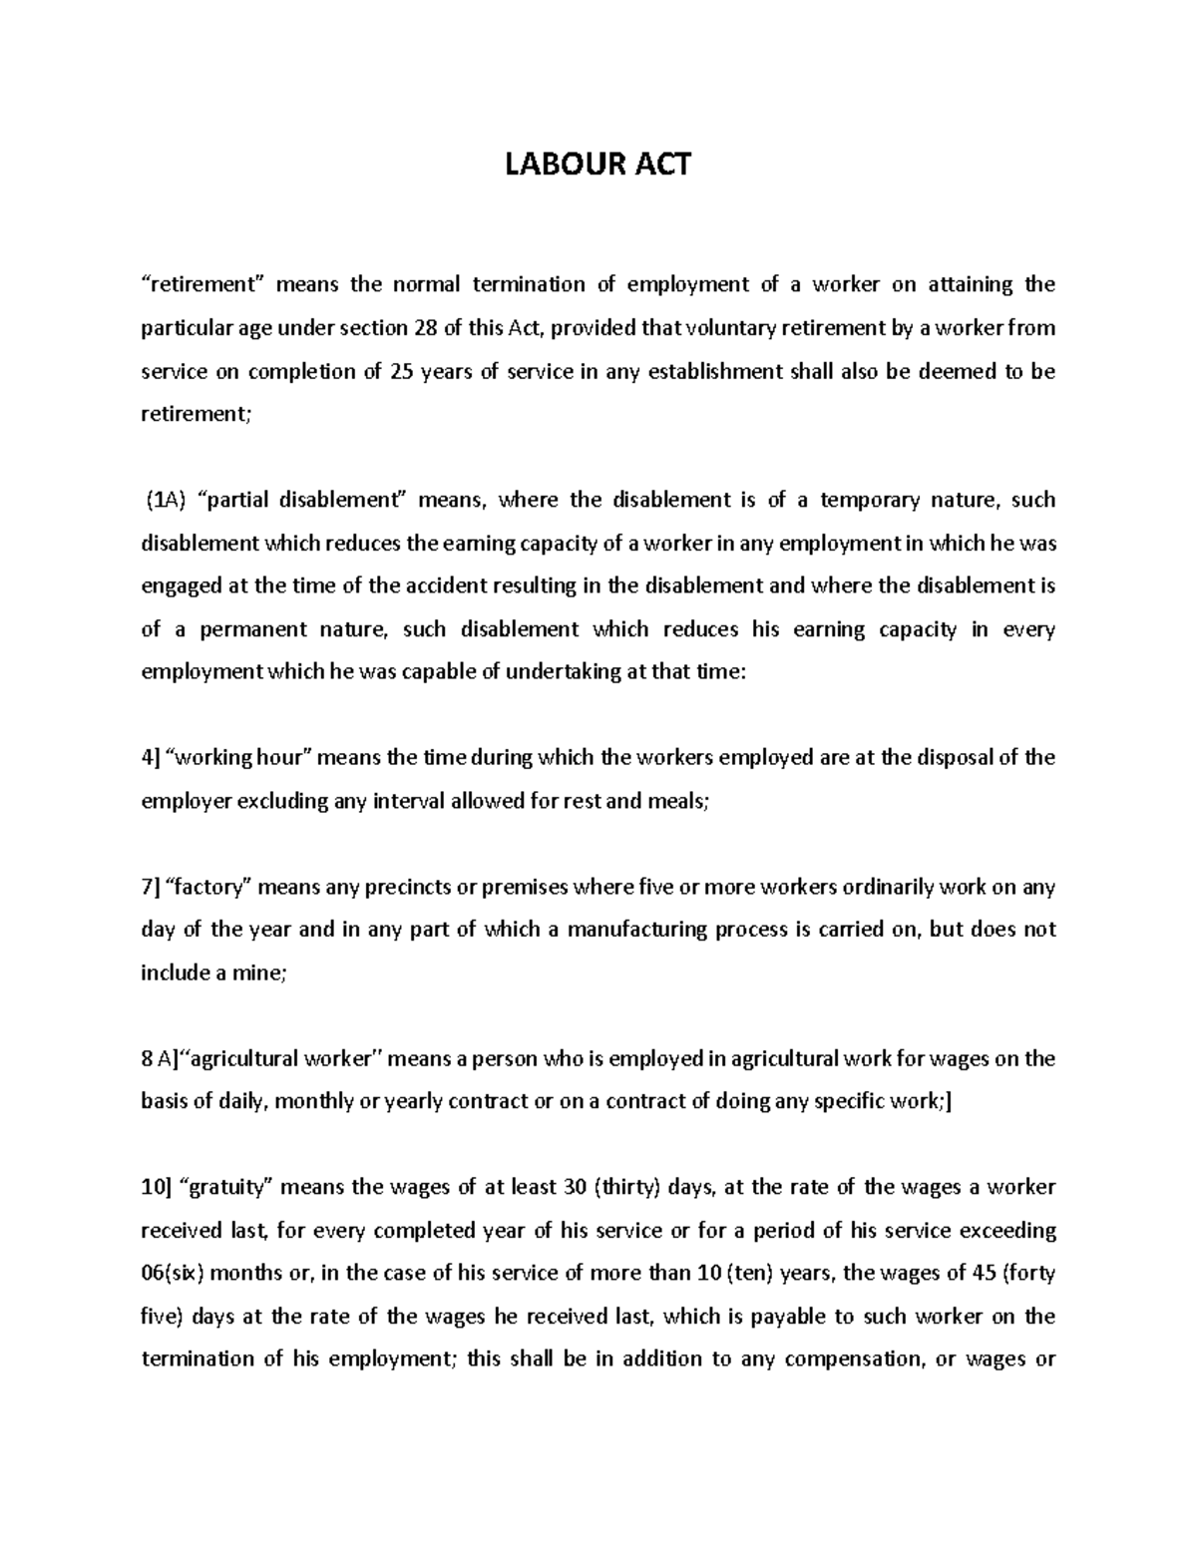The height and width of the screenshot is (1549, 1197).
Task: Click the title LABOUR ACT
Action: [598, 164]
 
